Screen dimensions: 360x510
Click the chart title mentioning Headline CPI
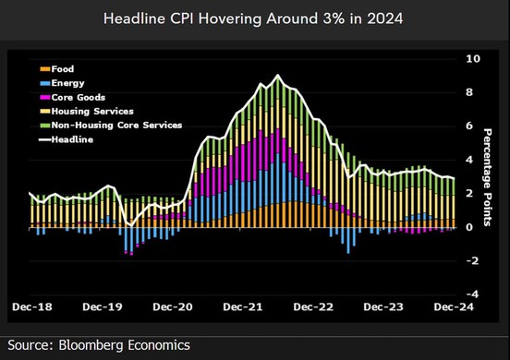(x=254, y=18)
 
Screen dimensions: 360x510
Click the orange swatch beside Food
(x=44, y=67)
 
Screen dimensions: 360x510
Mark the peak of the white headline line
(x=278, y=75)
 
